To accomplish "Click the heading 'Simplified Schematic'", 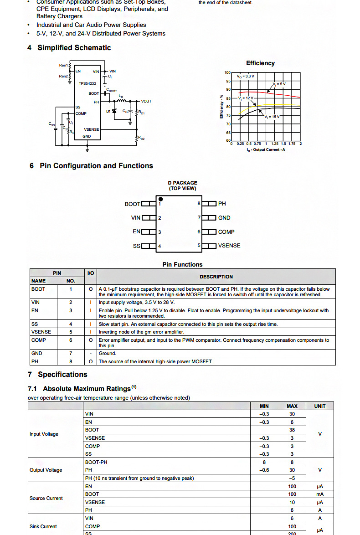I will click(x=74, y=48).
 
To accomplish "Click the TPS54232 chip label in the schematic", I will click(x=87, y=83).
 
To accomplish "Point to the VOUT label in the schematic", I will click(x=146, y=101).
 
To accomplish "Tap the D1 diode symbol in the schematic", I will click(x=114, y=111).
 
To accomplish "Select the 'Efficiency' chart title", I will click(x=260, y=63).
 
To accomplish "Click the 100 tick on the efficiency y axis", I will click(x=228, y=72).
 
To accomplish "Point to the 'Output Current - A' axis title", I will click(x=266, y=149).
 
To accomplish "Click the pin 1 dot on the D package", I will click(x=160, y=199).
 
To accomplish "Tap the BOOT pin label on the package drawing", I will click(x=132, y=204).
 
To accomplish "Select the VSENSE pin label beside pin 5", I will click(x=229, y=246).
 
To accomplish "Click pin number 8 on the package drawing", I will click(x=199, y=204).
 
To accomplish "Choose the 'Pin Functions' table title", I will click(x=182, y=264).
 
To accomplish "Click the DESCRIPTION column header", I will click(x=216, y=277).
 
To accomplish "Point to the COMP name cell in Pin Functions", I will click(x=39, y=340).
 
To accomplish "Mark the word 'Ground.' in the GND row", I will click(x=108, y=353).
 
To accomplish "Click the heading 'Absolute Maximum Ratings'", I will click(x=87, y=389).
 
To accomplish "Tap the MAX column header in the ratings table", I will click(x=292, y=406).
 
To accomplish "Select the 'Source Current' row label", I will click(x=46, y=498).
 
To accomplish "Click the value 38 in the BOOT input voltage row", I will click(x=292, y=430).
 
